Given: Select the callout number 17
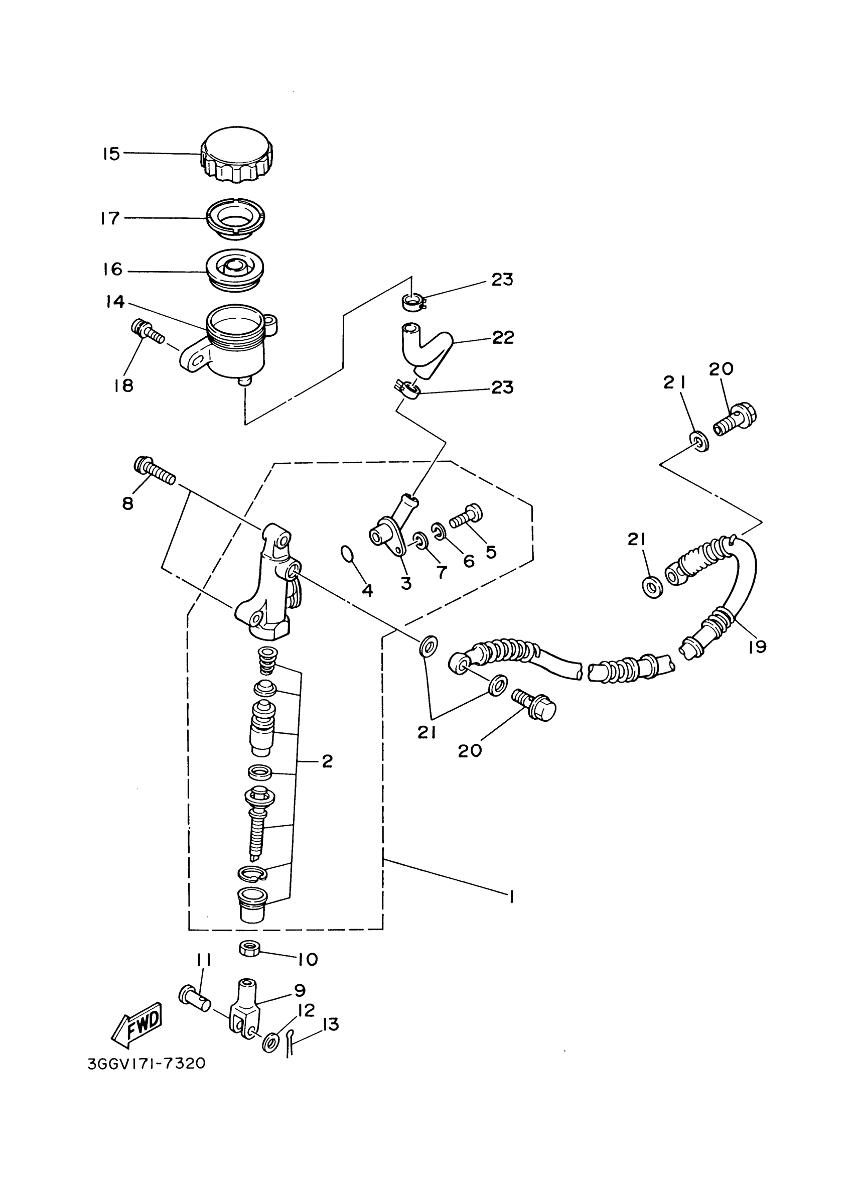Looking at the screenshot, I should pyautogui.click(x=110, y=218).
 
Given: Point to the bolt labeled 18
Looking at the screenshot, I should pyautogui.click(x=147, y=332).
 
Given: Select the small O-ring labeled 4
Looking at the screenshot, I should pyautogui.click(x=347, y=554).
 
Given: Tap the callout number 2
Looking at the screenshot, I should pyautogui.click(x=327, y=761).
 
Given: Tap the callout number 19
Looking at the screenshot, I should pyautogui.click(x=758, y=646).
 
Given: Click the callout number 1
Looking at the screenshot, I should pyautogui.click(x=511, y=897).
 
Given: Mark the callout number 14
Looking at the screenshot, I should pyautogui.click(x=115, y=302).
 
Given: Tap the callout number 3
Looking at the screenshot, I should pyautogui.click(x=406, y=583).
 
